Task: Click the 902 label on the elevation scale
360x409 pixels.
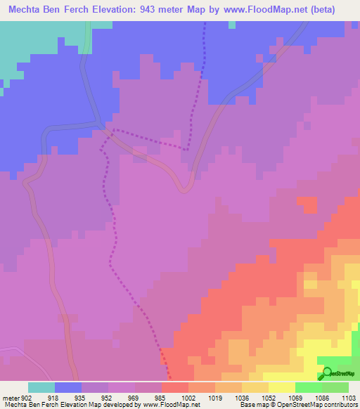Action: pos(27,397)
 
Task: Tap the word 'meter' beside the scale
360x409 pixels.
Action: pos(11,397)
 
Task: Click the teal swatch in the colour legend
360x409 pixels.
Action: pos(41,387)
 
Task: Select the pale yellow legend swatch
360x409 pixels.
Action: pos(281,387)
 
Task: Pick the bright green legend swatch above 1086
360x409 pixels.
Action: pos(308,387)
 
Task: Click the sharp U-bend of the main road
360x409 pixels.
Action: pos(185,188)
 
